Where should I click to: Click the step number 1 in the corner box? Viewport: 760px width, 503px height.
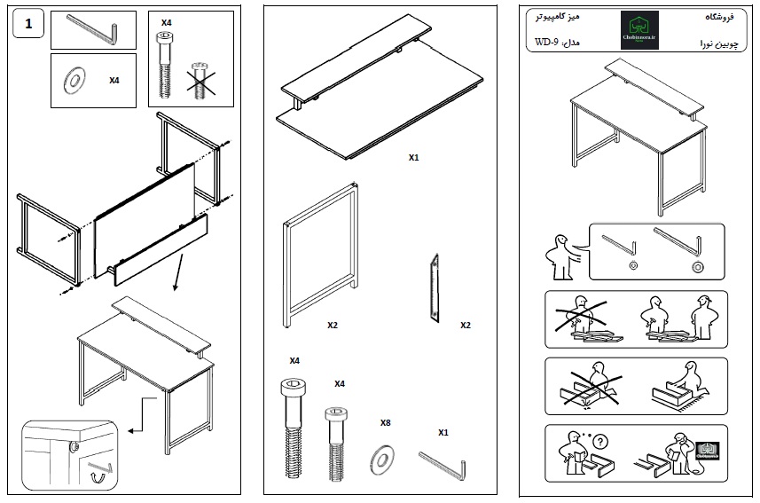pyautogui.click(x=30, y=25)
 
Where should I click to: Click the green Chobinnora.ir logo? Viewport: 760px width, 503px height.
pyautogui.click(x=639, y=30)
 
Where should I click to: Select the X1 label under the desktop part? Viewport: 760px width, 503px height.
pyautogui.click(x=413, y=158)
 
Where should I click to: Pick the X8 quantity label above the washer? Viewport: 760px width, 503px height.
pyautogui.click(x=385, y=423)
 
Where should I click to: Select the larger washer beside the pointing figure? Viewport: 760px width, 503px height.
pyautogui.click(x=697, y=267)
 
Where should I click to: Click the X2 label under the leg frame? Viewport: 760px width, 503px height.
pyautogui.click(x=333, y=326)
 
